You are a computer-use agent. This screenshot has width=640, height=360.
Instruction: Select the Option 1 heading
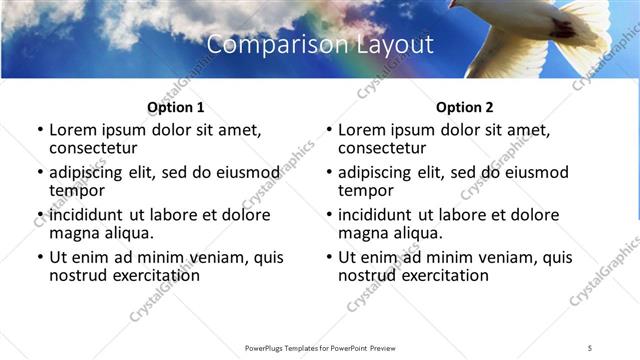(x=176, y=107)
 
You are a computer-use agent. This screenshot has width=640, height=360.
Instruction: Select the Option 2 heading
(x=465, y=107)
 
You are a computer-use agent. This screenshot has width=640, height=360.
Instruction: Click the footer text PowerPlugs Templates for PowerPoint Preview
(x=319, y=347)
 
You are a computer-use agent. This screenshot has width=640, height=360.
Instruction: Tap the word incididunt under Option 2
(x=379, y=215)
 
